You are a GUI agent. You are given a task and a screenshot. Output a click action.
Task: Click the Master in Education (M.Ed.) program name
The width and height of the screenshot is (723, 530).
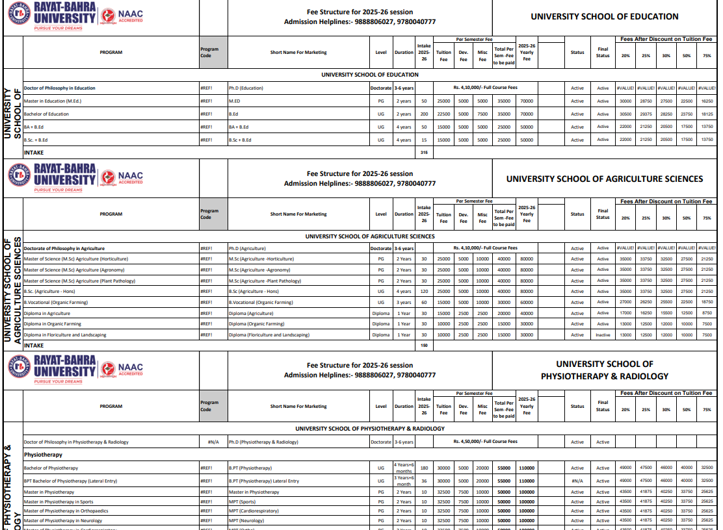pyautogui.click(x=53, y=101)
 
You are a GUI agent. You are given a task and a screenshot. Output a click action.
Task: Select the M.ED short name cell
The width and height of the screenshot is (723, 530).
pyautogui.click(x=235, y=101)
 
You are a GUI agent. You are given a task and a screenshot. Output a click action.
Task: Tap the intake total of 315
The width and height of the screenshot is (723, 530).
pyautogui.click(x=424, y=153)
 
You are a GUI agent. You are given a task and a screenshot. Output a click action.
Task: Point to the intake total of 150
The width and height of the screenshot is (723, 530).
pyautogui.click(x=424, y=346)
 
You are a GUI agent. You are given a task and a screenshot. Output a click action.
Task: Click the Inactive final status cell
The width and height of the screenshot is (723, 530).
pyautogui.click(x=603, y=335)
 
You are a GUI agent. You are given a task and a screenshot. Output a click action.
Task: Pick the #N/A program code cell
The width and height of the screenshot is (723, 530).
pyautogui.click(x=213, y=442)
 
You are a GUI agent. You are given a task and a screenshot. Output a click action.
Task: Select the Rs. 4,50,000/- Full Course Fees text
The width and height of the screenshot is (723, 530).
pyautogui.click(x=485, y=442)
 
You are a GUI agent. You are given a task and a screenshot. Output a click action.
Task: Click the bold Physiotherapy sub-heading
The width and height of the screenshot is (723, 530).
pyautogui.click(x=43, y=455)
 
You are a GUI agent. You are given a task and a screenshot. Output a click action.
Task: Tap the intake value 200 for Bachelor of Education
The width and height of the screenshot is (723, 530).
pyautogui.click(x=424, y=114)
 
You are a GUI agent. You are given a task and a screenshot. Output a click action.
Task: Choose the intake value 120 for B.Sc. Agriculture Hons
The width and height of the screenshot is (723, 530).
pyautogui.click(x=424, y=292)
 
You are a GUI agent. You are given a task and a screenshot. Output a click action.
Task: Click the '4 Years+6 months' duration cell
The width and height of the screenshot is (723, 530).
pyautogui.click(x=404, y=468)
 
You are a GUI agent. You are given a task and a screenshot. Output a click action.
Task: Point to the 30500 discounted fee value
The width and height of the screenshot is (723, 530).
pyautogui.click(x=625, y=114)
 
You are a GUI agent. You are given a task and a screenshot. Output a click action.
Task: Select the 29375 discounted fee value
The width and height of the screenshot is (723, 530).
pyautogui.click(x=646, y=114)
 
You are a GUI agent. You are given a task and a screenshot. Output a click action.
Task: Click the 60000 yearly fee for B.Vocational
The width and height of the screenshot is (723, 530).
pyautogui.click(x=527, y=303)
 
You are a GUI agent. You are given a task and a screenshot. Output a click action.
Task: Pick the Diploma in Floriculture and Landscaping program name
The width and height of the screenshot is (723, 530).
pyautogui.click(x=65, y=335)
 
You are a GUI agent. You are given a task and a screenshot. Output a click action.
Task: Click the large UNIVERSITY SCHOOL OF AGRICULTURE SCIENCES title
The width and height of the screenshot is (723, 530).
pyautogui.click(x=605, y=179)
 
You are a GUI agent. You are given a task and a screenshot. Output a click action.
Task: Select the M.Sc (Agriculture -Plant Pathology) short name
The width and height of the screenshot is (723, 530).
pyautogui.click(x=265, y=281)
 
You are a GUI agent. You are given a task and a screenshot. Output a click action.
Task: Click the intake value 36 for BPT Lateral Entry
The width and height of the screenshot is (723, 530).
pyautogui.click(x=424, y=481)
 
